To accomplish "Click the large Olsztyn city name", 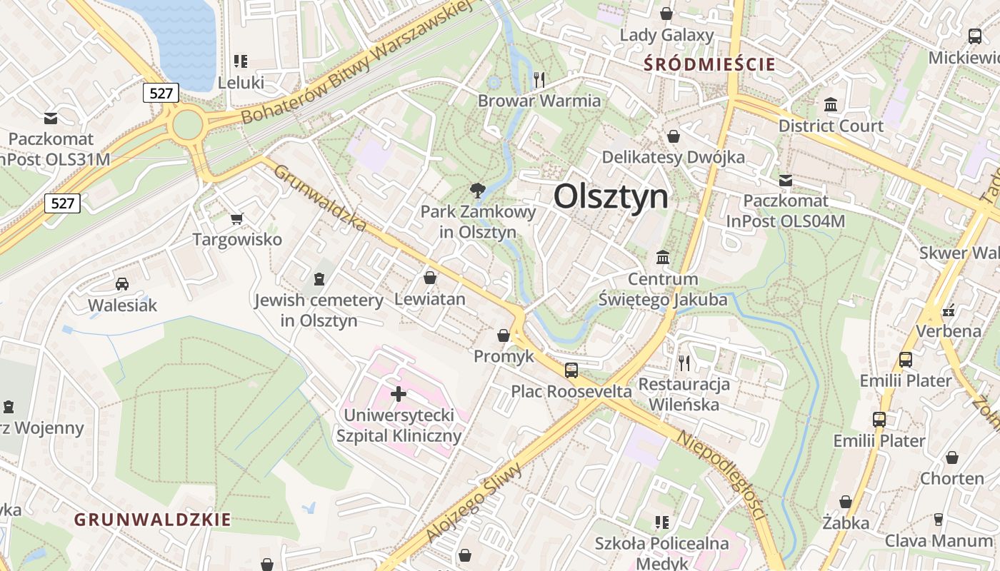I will coord(611,196).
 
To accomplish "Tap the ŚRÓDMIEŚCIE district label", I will coord(709,64).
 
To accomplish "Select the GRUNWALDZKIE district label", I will coord(153,520).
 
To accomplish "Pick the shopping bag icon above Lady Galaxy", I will coord(666,14).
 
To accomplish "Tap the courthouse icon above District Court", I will coord(831,105).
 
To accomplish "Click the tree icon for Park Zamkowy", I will coord(477,190).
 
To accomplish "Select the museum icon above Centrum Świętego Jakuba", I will coord(663,257).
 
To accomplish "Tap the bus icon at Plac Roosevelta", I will coord(571,370).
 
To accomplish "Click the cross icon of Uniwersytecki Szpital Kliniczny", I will coord(399,393).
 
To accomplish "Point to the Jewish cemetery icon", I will coord(319,278).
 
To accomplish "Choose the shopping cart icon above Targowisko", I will coord(237,218).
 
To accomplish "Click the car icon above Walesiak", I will coord(122,284).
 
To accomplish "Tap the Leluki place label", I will coord(241,83).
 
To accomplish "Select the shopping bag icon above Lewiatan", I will coord(430,278).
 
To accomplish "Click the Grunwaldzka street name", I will coord(321,198).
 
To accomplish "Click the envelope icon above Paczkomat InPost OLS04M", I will coord(786,181).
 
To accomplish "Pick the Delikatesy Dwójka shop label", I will coord(673,157).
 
